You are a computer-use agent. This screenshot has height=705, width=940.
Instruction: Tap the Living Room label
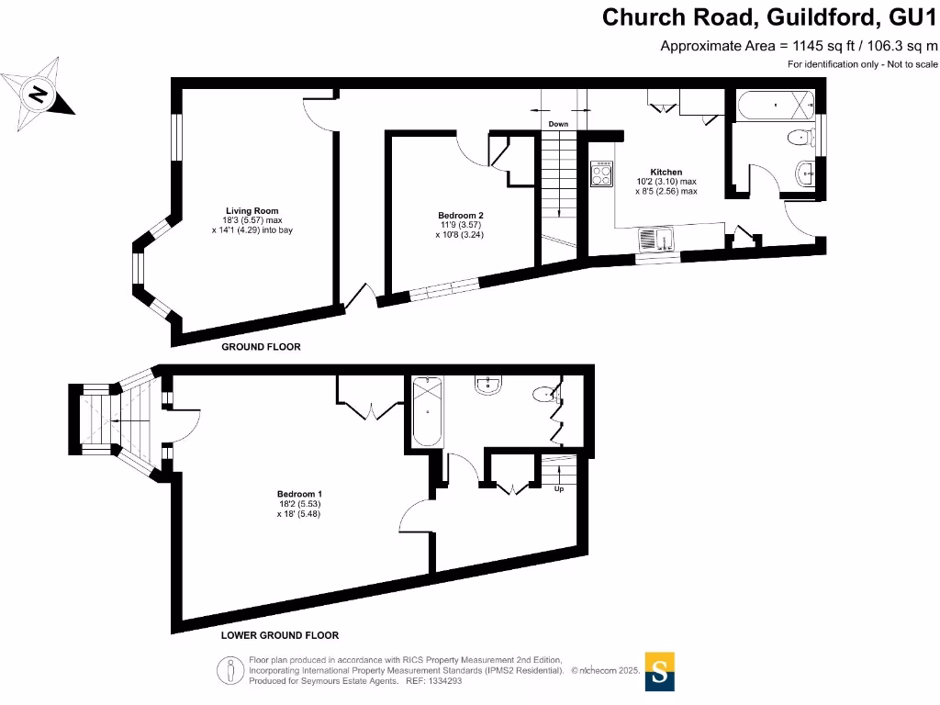click(x=252, y=211)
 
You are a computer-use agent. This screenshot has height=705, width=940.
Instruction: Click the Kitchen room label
click(x=666, y=173)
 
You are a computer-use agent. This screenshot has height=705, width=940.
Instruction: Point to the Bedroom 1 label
click(x=299, y=494)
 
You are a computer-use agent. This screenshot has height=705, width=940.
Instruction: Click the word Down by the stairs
click(x=558, y=124)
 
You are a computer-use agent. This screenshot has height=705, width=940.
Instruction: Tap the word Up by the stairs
click(x=558, y=489)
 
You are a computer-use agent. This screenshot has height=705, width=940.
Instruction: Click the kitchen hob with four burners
click(x=602, y=173)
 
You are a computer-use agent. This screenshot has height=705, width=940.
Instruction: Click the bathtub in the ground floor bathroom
click(x=776, y=106)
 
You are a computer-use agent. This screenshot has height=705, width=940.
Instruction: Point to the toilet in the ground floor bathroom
click(x=800, y=139)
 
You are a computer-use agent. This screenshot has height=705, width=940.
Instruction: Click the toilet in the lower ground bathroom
click(x=544, y=395)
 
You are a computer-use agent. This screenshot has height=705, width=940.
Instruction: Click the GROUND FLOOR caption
click(x=262, y=348)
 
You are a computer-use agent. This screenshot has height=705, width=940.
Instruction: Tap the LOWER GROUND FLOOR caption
click(x=280, y=635)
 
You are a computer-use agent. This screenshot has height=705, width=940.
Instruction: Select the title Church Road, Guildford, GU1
click(x=770, y=17)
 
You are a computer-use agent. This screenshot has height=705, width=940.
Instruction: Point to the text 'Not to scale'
click(x=912, y=64)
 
